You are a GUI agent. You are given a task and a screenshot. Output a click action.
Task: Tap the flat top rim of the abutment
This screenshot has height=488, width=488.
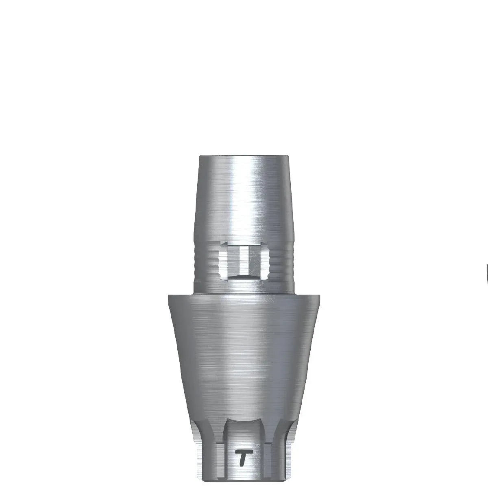pyautogui.click(x=244, y=156)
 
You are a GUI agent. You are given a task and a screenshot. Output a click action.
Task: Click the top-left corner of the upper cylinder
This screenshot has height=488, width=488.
pyautogui.click(x=200, y=156)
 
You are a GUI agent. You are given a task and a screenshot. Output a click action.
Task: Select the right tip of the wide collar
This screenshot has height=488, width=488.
pyautogui.click(x=320, y=296)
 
